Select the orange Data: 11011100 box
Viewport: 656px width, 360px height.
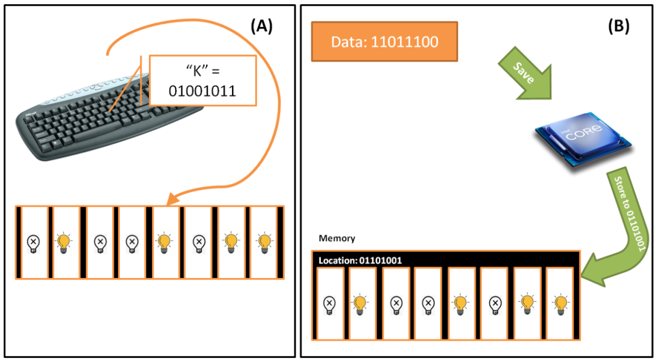[x=384, y=42]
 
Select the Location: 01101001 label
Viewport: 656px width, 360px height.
[x=360, y=260]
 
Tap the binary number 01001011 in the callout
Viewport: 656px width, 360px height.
[x=202, y=91]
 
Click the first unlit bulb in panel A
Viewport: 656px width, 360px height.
[x=33, y=243]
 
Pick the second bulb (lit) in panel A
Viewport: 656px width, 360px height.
[x=64, y=243]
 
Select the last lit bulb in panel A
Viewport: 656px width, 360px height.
[x=264, y=243]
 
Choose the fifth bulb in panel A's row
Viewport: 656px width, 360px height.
[x=165, y=243]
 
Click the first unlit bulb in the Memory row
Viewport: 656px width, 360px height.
[x=330, y=305]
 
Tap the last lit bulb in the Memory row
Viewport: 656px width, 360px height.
[x=560, y=305]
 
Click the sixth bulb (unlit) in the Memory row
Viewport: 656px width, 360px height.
[x=495, y=305]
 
